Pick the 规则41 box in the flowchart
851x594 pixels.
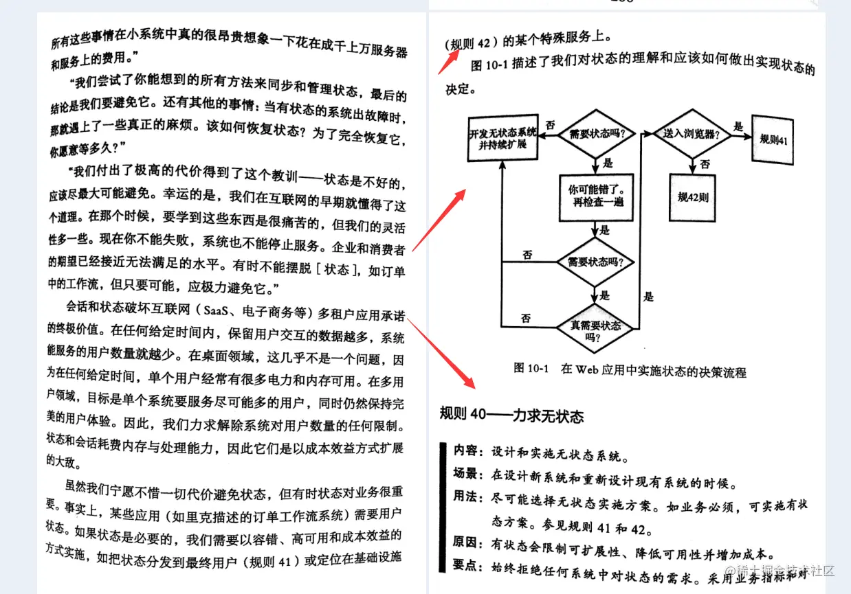point(773,139)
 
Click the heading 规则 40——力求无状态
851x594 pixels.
point(511,415)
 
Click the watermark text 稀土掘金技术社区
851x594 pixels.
point(784,571)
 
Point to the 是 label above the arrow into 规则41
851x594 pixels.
point(738,127)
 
